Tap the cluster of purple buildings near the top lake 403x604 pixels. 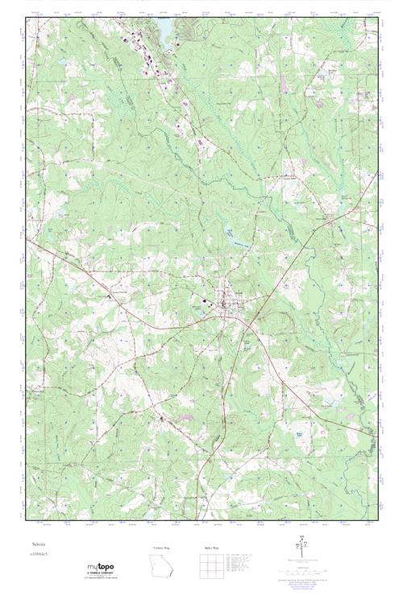click(x=145, y=56)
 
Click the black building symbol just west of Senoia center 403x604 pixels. click(x=205, y=303)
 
